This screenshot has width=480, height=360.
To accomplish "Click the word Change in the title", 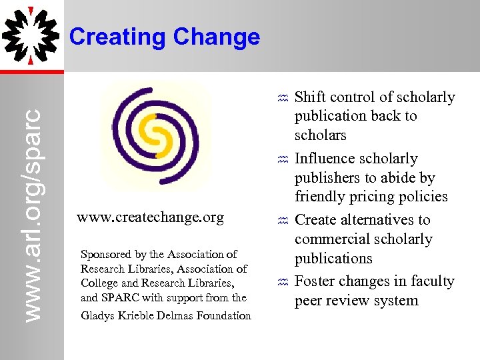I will (x=216, y=37).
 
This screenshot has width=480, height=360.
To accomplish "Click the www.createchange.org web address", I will (x=151, y=217).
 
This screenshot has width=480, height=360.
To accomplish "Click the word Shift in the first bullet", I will (x=310, y=97).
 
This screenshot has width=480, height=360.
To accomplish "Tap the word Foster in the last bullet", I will (x=315, y=281).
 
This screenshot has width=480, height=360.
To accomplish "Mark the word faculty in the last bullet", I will (x=431, y=281).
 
